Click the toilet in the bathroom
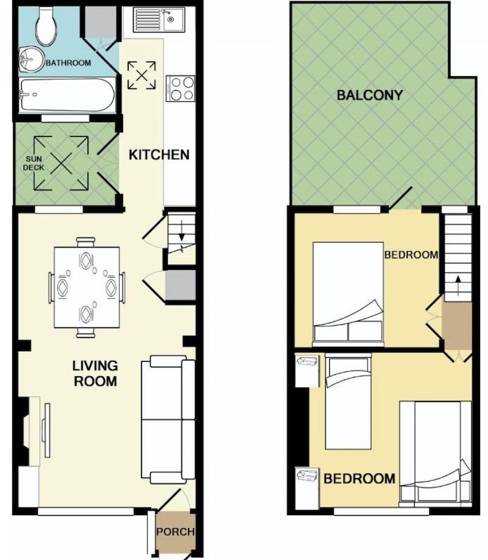click(x=46, y=26)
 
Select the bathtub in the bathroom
click(x=67, y=95)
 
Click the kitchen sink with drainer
click(x=159, y=20)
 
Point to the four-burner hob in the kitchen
click(x=181, y=88)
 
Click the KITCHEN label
click(x=159, y=155)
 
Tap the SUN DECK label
click(x=34, y=163)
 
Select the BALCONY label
click(x=370, y=95)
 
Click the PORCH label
click(x=176, y=532)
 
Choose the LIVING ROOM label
click(x=95, y=374)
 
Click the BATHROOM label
click(x=68, y=63)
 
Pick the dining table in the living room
click(x=87, y=287)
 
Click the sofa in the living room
click(x=168, y=419)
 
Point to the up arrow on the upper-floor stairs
click(x=458, y=285)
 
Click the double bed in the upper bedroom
click(x=349, y=295)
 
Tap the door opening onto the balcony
click(x=401, y=198)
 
